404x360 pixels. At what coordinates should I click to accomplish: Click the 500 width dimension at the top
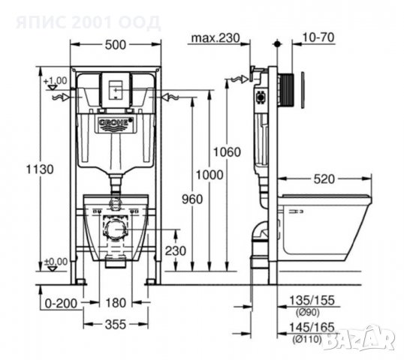click(x=115, y=45)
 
